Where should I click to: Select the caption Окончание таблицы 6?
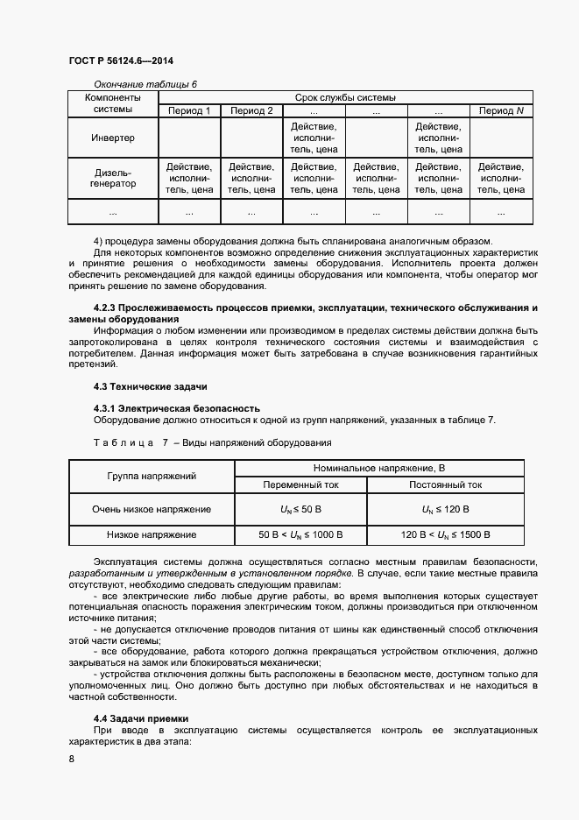pos(145,84)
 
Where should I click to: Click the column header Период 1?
pos(188,111)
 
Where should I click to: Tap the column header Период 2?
pos(251,111)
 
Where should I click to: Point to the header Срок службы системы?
pos(345,97)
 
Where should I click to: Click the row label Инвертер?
pos(113,138)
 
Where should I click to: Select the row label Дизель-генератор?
pos(113,179)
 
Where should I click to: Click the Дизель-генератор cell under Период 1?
pos(188,178)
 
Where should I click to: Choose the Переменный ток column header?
pos(300,484)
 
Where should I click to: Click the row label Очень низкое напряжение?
pos(152,509)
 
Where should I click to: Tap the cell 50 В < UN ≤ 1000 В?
pos(300,534)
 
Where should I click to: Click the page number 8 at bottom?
pos(71,760)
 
